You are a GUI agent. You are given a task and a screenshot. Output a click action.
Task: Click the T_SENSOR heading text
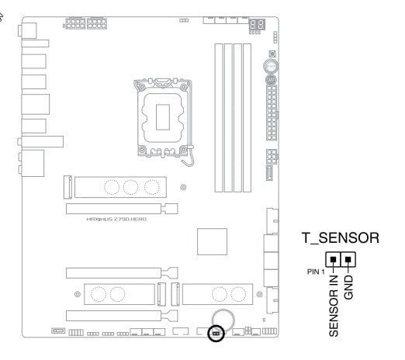[x=341, y=238]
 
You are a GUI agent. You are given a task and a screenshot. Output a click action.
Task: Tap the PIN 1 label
[x=316, y=272]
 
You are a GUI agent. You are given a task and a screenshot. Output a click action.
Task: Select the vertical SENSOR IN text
[x=334, y=306]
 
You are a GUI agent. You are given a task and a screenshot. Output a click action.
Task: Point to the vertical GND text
[x=348, y=287]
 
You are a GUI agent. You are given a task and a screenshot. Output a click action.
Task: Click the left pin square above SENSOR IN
[x=333, y=259]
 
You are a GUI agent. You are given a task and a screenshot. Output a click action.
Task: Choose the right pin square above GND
[x=348, y=259]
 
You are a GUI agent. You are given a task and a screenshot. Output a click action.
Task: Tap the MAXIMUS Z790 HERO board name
[x=116, y=220]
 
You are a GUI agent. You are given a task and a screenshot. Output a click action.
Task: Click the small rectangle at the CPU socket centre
[x=163, y=117]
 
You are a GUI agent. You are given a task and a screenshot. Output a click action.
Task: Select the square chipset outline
[x=212, y=241]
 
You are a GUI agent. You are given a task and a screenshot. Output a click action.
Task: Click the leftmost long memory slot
[x=219, y=118]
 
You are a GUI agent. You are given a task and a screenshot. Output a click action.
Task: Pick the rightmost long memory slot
[x=247, y=118]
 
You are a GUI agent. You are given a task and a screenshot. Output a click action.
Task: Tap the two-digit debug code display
[x=257, y=25]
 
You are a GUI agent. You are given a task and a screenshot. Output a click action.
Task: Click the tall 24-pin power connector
[x=272, y=112]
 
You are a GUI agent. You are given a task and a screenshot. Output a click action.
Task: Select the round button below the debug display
[x=271, y=66]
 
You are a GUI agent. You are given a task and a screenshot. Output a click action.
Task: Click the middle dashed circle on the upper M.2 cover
[x=130, y=187]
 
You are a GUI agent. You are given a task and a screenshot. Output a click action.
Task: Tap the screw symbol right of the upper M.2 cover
[x=183, y=187]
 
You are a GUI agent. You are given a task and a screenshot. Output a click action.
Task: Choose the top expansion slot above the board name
[x=122, y=209]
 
